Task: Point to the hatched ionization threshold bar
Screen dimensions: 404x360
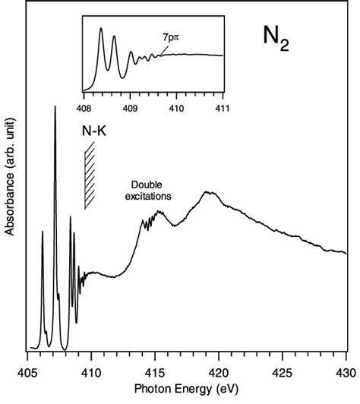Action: point(90,177)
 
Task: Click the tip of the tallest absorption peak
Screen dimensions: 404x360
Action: point(55,107)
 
